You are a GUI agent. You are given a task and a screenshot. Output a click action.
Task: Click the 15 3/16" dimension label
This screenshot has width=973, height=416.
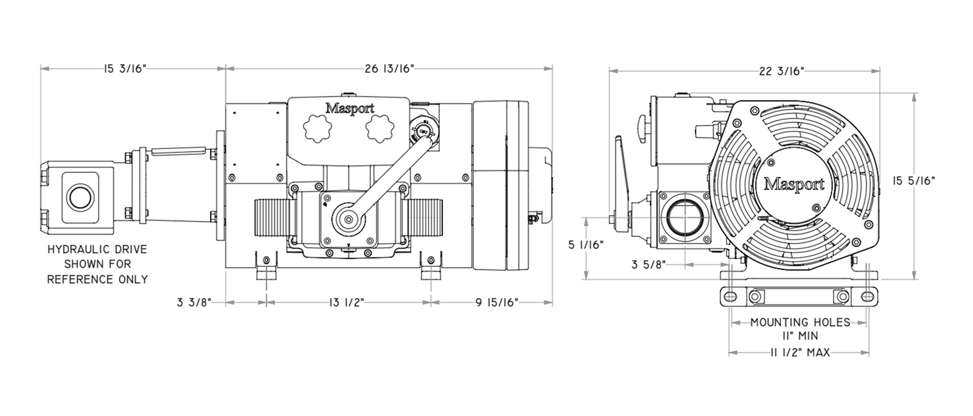point(125,69)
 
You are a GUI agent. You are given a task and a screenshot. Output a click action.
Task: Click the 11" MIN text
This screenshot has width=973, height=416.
point(800,336)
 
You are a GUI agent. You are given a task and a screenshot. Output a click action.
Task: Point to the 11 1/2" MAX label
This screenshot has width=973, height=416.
point(799,352)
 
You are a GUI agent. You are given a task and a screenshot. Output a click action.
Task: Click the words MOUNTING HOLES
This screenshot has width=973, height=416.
point(800,322)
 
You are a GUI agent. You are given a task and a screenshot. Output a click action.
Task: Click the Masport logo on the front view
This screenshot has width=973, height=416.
point(349,108)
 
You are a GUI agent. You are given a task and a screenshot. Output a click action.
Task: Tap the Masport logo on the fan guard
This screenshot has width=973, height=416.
point(794,184)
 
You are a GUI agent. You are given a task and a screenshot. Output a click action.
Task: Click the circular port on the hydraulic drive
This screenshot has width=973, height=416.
point(80,196)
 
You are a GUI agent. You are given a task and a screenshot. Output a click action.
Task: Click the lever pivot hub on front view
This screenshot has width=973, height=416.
point(349,220)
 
